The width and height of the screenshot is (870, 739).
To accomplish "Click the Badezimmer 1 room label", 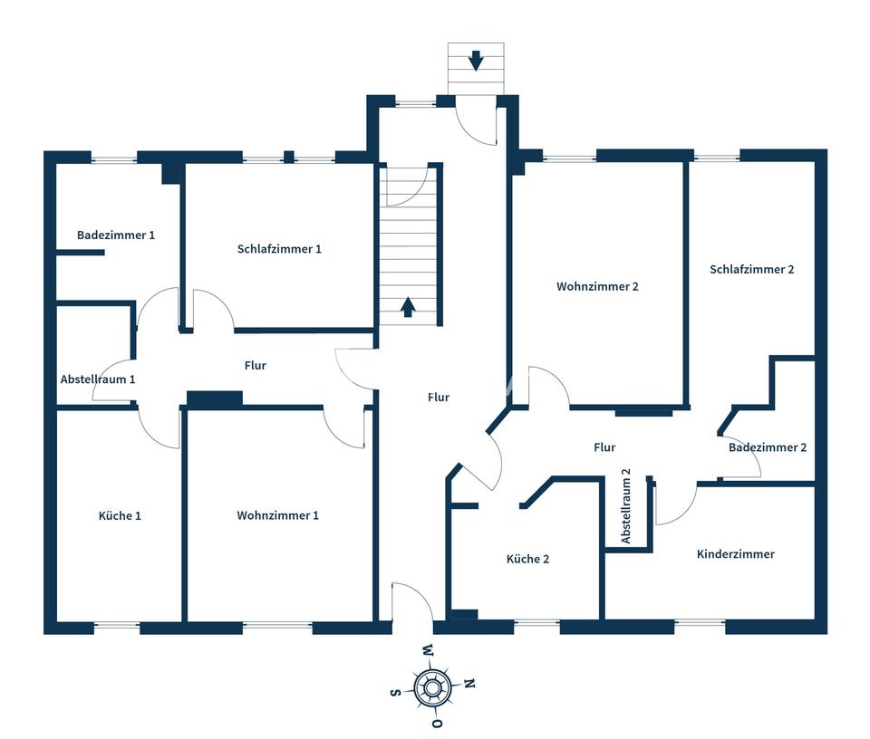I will pyautogui.click(x=116, y=235).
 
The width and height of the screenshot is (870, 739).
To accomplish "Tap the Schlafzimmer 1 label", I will pyautogui.click(x=279, y=249).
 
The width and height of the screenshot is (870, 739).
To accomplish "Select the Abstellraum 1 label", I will pyautogui.click(x=98, y=379).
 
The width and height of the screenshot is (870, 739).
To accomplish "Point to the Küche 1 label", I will pyautogui.click(x=120, y=515).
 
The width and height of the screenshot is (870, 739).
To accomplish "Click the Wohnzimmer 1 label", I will pyautogui.click(x=277, y=515).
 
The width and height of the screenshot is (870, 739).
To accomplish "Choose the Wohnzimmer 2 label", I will pyautogui.click(x=598, y=286).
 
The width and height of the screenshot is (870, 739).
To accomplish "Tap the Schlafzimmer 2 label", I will pyautogui.click(x=752, y=269).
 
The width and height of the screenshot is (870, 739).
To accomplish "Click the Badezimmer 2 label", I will pyautogui.click(x=768, y=447).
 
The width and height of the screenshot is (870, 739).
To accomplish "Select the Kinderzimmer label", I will pyautogui.click(x=736, y=553).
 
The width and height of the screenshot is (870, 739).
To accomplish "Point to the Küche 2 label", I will pyautogui.click(x=527, y=559).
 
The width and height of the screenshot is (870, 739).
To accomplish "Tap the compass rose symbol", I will pyautogui.click(x=431, y=688).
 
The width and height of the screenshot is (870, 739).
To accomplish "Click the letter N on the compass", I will pyautogui.click(x=469, y=683).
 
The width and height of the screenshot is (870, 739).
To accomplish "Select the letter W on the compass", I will pyautogui.click(x=427, y=650).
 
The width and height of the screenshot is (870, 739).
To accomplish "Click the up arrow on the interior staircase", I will pyautogui.click(x=408, y=307).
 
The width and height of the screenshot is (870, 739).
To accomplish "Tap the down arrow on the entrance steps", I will pyautogui.click(x=476, y=62).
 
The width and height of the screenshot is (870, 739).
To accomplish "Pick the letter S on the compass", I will pyautogui.click(x=395, y=693).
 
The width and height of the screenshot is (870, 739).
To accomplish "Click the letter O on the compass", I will pyautogui.click(x=437, y=725).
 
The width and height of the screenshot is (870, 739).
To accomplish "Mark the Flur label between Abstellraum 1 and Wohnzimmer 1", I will pyautogui.click(x=256, y=365).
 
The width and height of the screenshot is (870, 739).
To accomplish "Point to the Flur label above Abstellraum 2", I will pyautogui.click(x=604, y=447).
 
